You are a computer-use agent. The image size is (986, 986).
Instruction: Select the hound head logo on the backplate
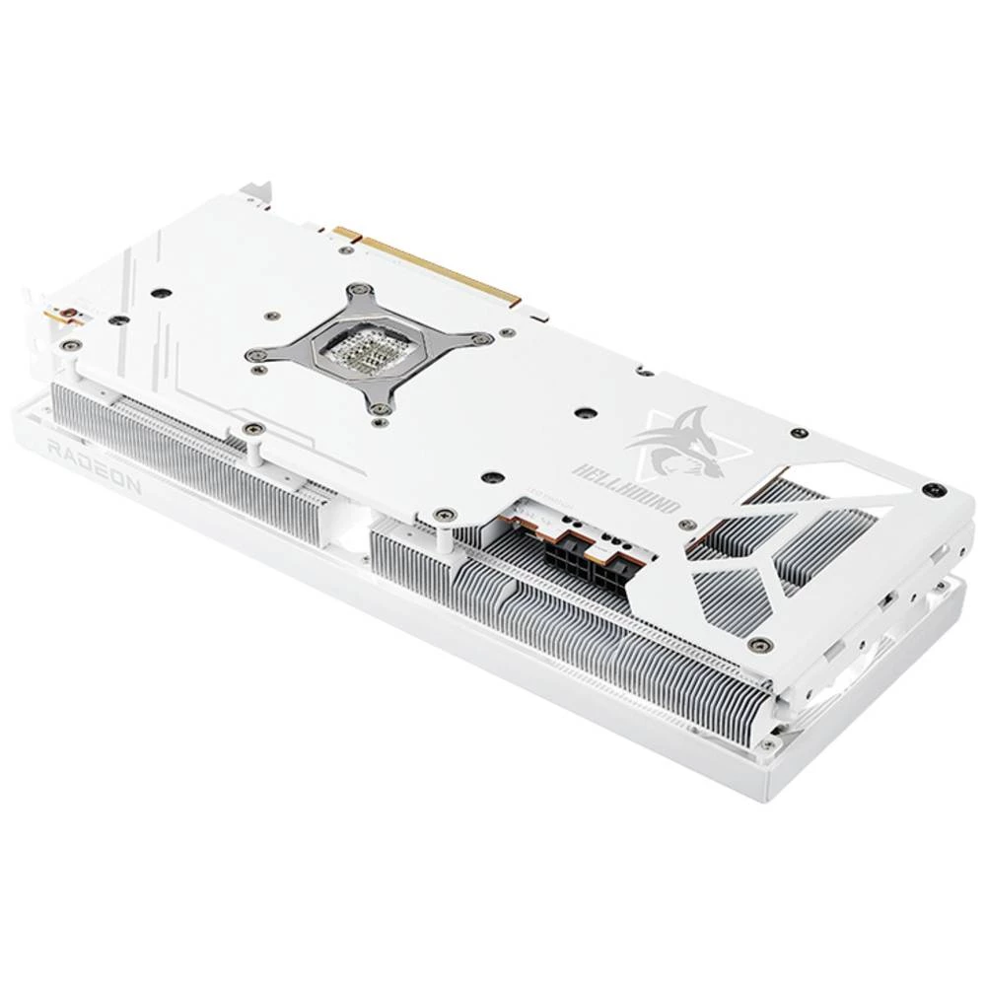681,443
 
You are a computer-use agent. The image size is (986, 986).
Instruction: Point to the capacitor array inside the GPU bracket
359,346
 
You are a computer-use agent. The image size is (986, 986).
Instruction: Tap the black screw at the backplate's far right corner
928,488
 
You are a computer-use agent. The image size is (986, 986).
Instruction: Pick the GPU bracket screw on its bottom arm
380,408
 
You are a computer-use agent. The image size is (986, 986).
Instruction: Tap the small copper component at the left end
65,317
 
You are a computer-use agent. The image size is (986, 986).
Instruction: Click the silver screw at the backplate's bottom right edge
760,645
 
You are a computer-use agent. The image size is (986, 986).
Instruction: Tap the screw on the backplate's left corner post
71,344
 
